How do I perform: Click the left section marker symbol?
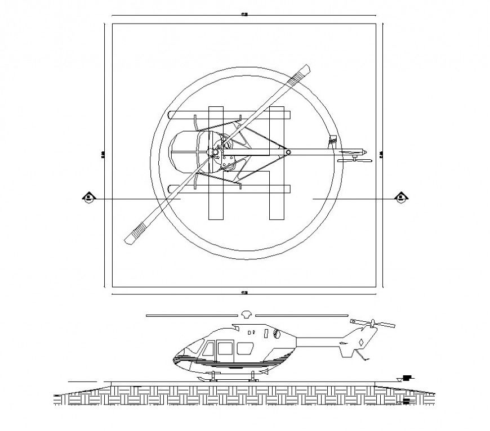pos(89,197)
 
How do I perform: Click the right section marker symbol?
pos(401,197)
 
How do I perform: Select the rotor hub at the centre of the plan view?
pos(215,152)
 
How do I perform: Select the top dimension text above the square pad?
pos(244,15)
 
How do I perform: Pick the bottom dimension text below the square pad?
pos(244,293)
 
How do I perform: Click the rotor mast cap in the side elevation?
pos(246,314)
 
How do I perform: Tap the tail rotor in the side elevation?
pos(372,324)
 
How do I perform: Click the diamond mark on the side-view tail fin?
pos(359,343)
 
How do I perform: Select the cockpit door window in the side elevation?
pos(225,349)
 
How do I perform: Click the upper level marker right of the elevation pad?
pos(405,379)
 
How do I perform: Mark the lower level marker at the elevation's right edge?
pos(407,401)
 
